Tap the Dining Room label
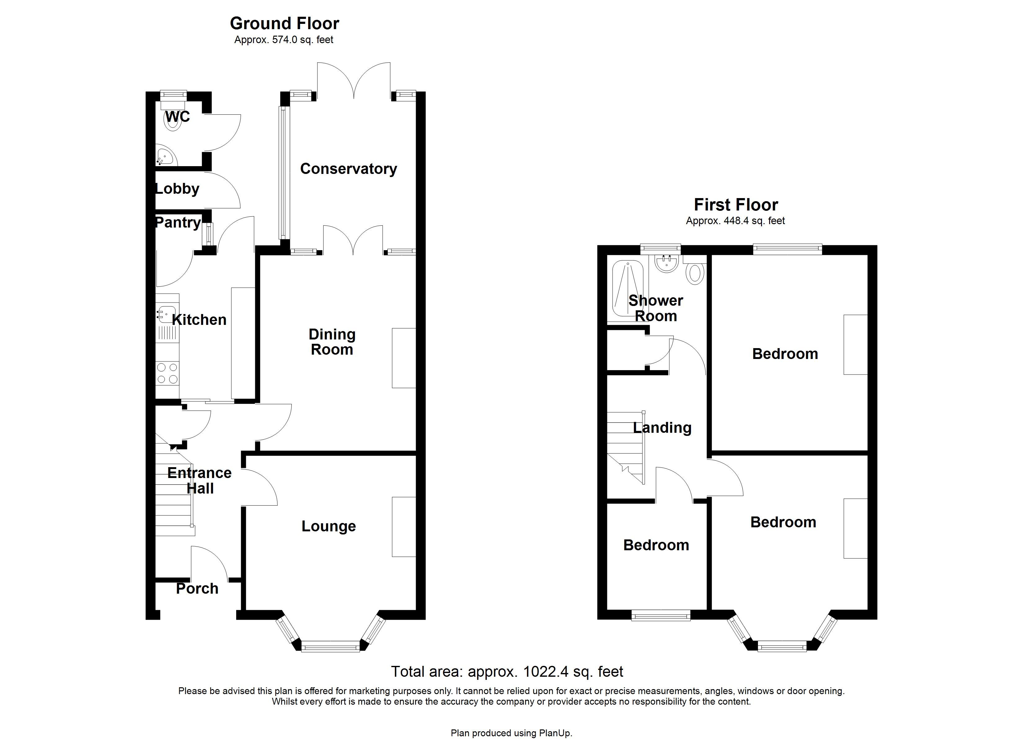(332, 342)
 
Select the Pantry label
(178, 223)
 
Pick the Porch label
(197, 589)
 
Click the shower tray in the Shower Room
(627, 289)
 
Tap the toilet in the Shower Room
(695, 273)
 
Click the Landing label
(662, 428)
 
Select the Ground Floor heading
(284, 24)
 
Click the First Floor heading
(736, 205)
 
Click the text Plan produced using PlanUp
(511, 733)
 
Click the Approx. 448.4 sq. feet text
(735, 221)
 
